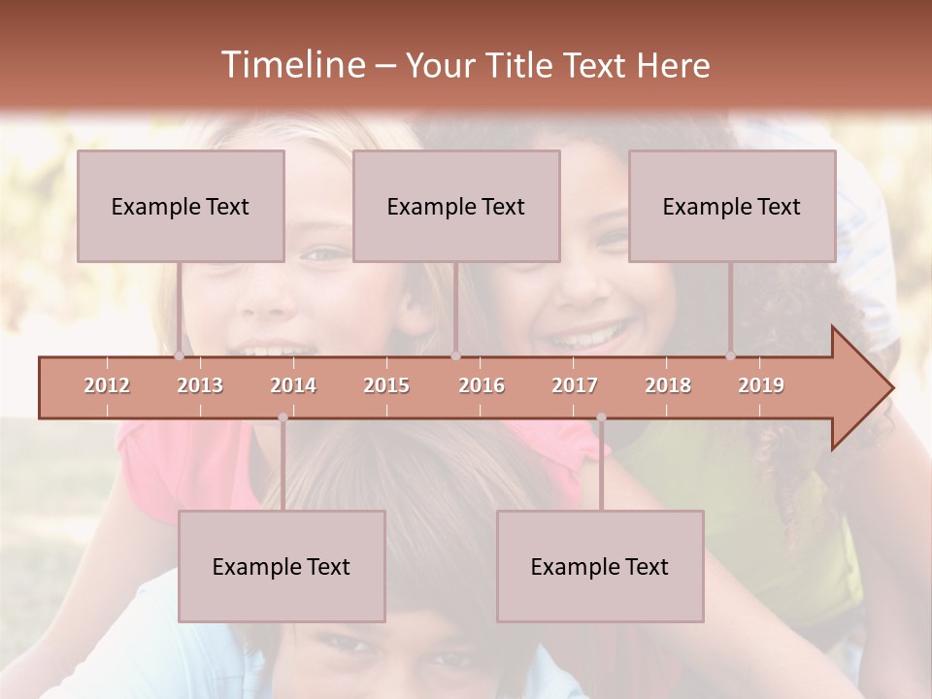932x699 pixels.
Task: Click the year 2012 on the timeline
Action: tap(107, 385)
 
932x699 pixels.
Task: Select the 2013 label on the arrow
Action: tap(200, 385)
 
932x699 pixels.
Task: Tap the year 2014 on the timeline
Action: tap(293, 385)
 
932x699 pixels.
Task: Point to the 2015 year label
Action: tap(386, 385)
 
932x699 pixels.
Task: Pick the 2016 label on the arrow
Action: tap(482, 385)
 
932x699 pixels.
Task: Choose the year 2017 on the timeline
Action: tap(575, 385)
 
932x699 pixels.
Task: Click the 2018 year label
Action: tap(668, 385)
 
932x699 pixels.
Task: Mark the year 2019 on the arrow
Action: tap(761, 385)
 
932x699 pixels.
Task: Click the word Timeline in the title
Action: tap(291, 65)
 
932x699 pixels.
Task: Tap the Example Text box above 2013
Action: tap(181, 206)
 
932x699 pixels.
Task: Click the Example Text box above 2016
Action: tap(456, 206)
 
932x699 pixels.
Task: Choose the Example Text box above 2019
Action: tap(732, 206)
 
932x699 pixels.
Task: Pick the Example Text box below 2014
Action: tap(282, 566)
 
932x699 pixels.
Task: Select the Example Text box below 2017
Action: tap(600, 566)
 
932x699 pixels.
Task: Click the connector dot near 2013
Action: tap(180, 356)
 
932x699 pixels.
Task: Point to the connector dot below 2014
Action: tap(283, 417)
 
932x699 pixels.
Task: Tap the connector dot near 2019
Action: tap(731, 356)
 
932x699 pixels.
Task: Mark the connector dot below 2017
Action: tap(601, 417)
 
